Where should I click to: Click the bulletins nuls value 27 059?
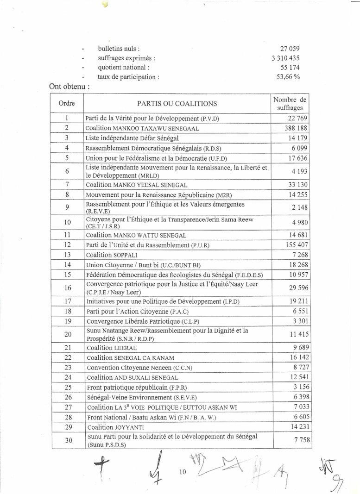290,49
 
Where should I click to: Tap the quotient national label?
123,68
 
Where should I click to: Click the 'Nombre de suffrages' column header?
290,104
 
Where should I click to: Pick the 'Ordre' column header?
67,104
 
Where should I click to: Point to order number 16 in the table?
67,288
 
